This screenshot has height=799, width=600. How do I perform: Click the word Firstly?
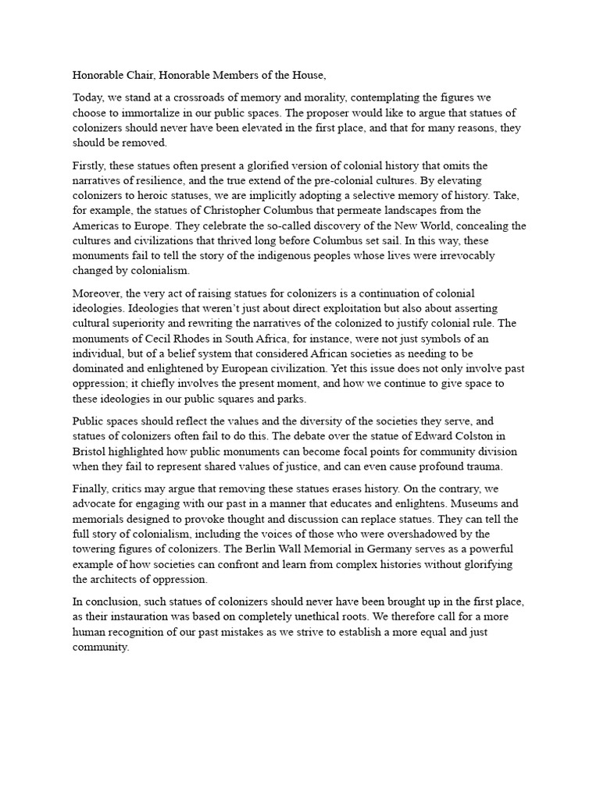[90, 166]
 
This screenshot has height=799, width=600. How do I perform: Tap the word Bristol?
[90, 453]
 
